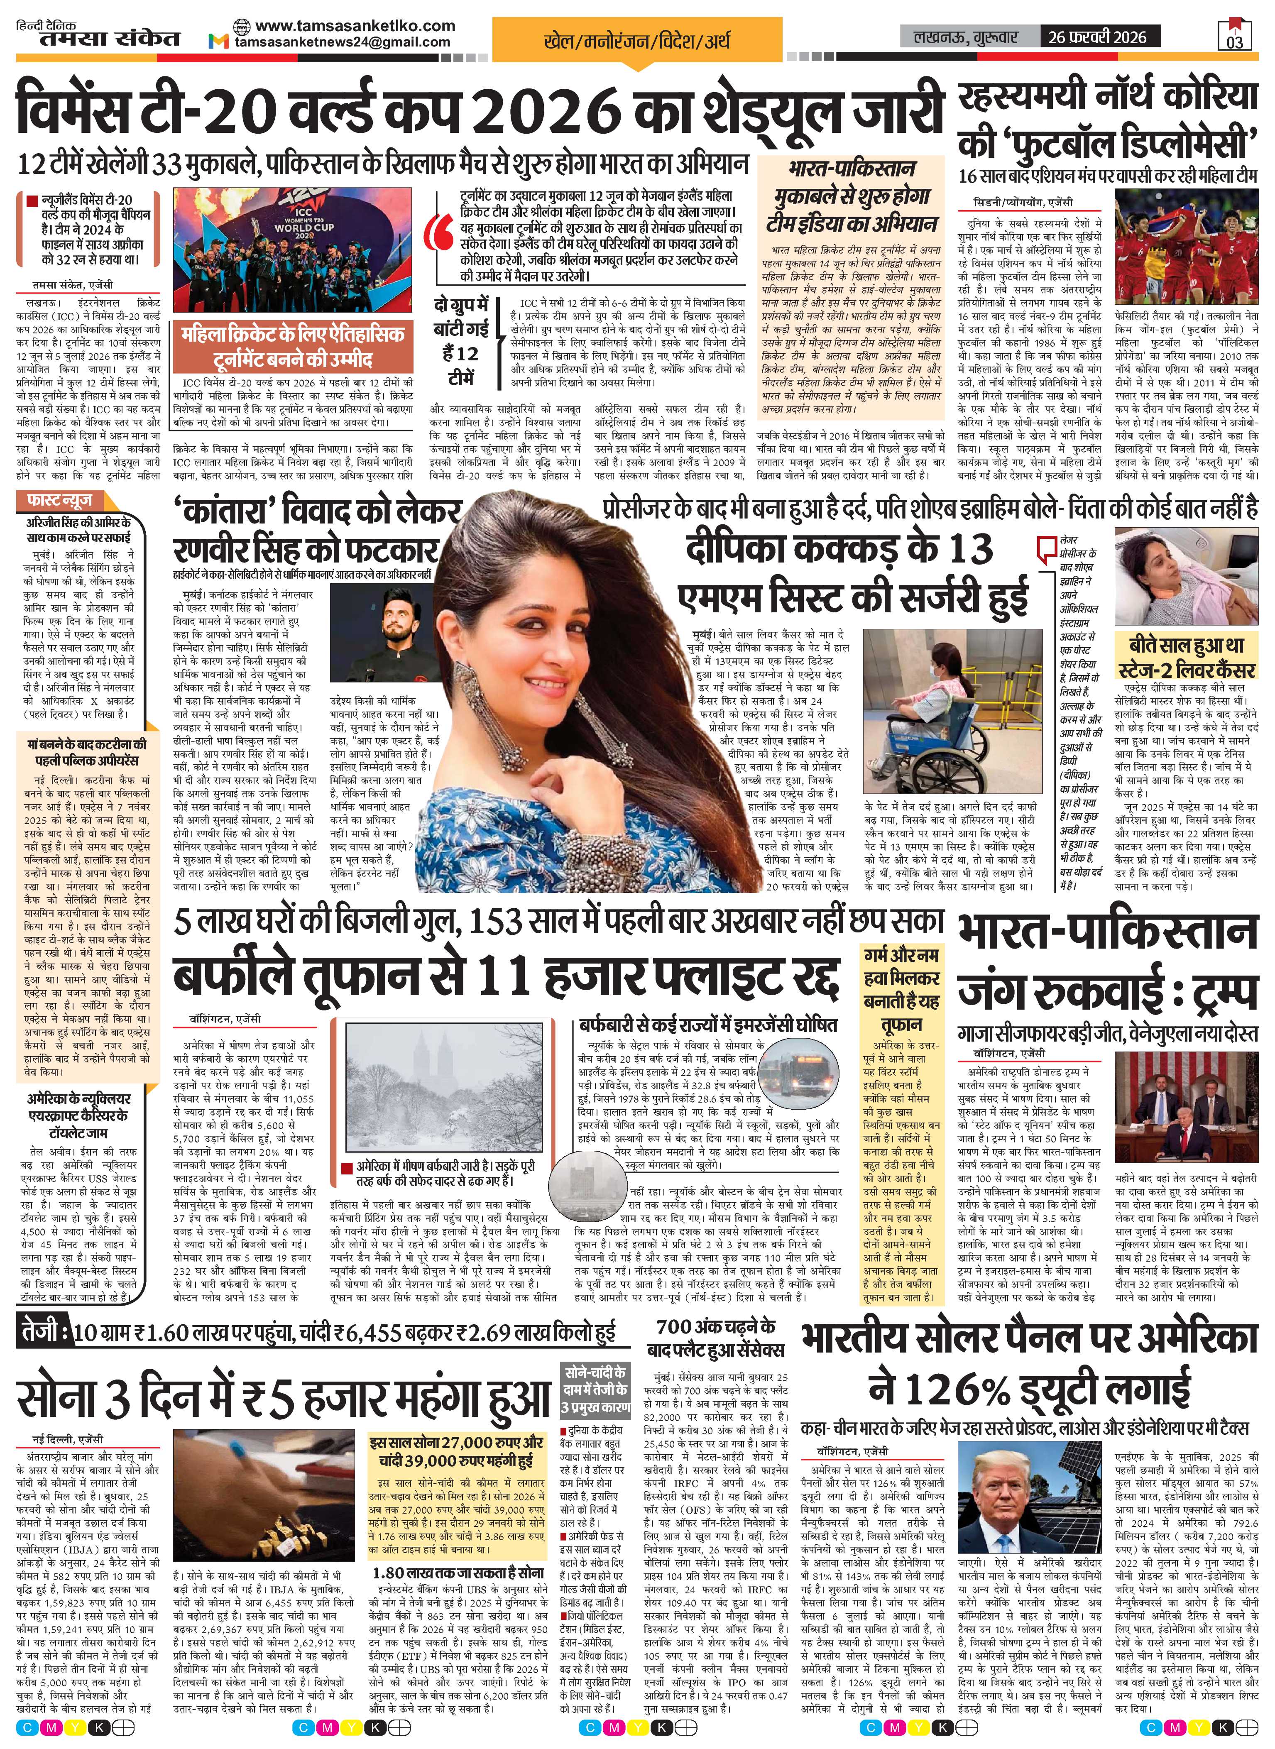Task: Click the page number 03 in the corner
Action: pos(1234,40)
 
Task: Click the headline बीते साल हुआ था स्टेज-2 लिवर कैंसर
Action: pos(1186,658)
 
